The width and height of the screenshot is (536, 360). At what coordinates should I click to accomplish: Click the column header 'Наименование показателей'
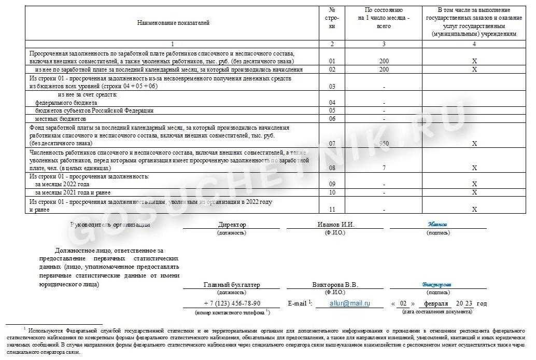point(173,23)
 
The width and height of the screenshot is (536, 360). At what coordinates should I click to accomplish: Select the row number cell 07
point(332,143)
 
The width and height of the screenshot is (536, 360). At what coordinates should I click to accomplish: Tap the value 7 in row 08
point(384,168)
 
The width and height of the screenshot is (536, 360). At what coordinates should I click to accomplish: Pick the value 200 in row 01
point(384,61)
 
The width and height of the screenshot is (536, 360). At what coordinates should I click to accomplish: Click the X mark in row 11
point(474,209)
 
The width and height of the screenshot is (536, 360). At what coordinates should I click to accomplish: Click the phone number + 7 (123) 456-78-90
point(232,303)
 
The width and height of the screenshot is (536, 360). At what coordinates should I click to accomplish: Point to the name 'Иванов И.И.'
point(335,225)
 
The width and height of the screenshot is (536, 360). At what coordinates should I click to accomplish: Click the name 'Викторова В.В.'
point(335,285)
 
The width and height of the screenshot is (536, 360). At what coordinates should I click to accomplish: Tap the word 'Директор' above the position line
point(232,225)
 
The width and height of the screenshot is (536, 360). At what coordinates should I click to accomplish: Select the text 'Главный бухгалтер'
point(232,285)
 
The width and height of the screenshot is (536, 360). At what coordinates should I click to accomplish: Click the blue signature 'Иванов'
point(438,224)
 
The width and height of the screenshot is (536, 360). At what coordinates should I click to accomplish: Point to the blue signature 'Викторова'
point(436,284)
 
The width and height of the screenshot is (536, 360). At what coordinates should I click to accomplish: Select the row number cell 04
point(332,103)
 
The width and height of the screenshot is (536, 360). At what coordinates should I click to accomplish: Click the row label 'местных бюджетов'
point(60,118)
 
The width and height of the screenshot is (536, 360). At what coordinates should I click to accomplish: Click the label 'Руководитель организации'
point(110,225)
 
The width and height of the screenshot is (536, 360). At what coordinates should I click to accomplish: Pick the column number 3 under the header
point(384,44)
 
